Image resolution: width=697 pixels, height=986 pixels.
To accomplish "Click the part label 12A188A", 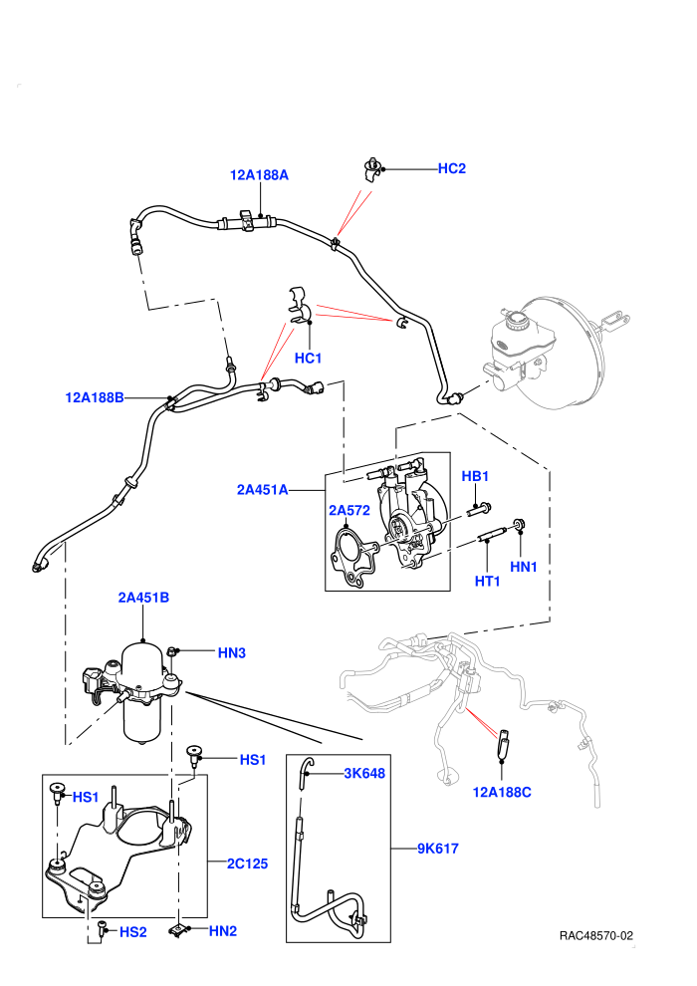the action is [x=259, y=175].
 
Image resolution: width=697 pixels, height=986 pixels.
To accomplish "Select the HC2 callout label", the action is [x=452, y=168].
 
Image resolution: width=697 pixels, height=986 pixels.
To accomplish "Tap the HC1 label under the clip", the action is [x=308, y=358].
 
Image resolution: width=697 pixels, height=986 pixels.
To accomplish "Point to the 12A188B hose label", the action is [x=95, y=397].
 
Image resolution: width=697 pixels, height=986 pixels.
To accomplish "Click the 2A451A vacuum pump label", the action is [x=262, y=489].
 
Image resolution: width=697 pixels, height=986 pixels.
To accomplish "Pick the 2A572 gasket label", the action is [x=349, y=510].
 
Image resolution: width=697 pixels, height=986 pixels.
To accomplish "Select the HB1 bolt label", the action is [x=475, y=476].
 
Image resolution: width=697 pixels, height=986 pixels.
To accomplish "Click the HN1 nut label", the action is [x=524, y=567].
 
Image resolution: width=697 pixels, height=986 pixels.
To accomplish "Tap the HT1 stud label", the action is [x=488, y=581].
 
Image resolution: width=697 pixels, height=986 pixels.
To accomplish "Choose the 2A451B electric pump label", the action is [x=143, y=598].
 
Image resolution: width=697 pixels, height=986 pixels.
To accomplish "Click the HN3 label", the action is [x=231, y=652].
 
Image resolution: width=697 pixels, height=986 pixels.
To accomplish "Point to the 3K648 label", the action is [x=364, y=773].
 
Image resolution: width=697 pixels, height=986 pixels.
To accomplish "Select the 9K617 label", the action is [x=438, y=849].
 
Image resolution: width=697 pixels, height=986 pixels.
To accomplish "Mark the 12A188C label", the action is [x=502, y=793].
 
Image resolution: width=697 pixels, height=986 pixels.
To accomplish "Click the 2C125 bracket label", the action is [x=248, y=863].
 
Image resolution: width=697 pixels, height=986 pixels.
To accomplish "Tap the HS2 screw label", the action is [x=133, y=932].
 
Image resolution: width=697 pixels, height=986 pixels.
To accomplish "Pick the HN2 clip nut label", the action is [x=222, y=930].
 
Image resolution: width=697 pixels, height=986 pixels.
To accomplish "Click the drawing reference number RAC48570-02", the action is [x=596, y=935].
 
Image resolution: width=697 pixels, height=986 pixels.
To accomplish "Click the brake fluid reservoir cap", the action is [x=519, y=318].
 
